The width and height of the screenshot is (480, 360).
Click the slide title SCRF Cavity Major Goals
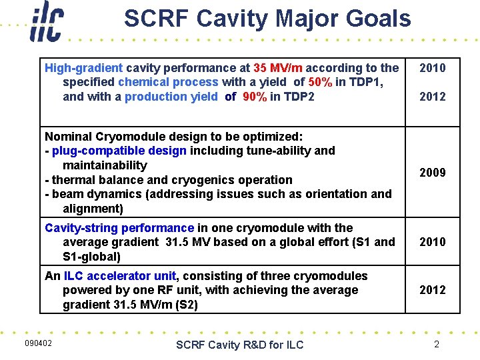click(x=267, y=19)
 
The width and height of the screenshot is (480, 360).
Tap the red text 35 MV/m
click(x=278, y=67)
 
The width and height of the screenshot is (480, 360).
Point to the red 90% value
click(x=254, y=97)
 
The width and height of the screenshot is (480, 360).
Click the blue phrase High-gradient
click(x=83, y=67)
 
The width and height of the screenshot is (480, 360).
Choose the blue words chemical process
click(x=168, y=82)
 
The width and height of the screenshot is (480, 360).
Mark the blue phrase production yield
click(x=171, y=97)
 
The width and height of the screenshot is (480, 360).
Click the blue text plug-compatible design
click(x=119, y=151)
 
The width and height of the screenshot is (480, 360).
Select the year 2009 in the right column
click(x=432, y=173)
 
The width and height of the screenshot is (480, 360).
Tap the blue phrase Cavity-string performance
click(x=119, y=228)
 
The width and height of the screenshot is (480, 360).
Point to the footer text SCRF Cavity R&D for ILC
click(x=239, y=344)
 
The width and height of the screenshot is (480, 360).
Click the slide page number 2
click(x=437, y=344)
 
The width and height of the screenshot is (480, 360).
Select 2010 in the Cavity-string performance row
click(x=432, y=242)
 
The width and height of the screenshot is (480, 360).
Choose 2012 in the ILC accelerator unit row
click(x=432, y=290)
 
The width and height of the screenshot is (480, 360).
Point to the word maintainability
click(x=105, y=165)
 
